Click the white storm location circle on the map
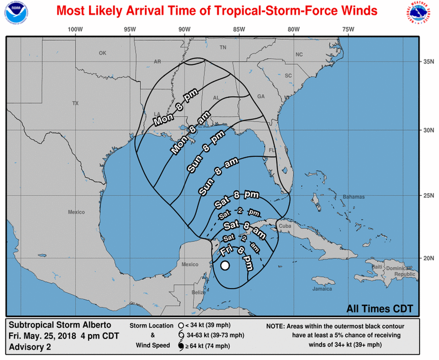pyautogui.click(x=225, y=265)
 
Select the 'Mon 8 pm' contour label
pyautogui.click(x=176, y=107)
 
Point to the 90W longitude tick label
pyautogui.click(x=184, y=30)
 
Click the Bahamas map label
pyautogui.click(x=354, y=197)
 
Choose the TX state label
pyautogui.click(x=75, y=103)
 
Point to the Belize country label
pyautogui.click(x=199, y=293)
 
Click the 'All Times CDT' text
pyautogui.click(x=380, y=308)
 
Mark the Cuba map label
pyautogui.click(x=285, y=226)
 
